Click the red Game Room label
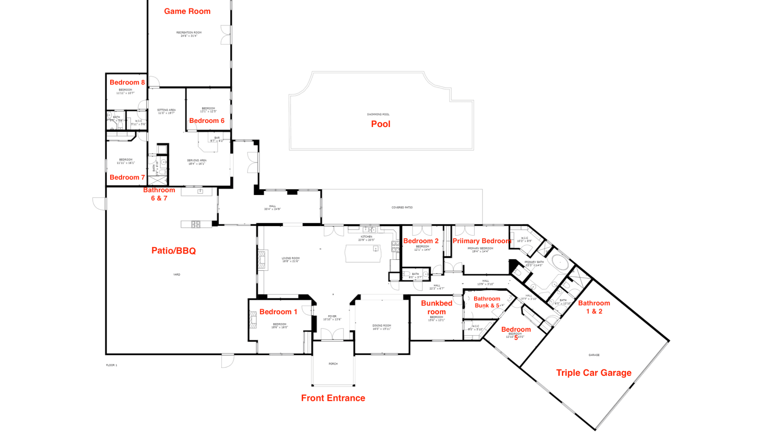point(187,12)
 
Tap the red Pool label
point(380,124)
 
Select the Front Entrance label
point(333,398)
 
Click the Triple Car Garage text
point(594,372)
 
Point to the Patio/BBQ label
point(174,251)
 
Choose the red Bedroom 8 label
point(127,82)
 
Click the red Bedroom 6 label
point(207,121)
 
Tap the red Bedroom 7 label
point(127,177)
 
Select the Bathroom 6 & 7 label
point(159,194)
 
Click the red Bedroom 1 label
point(278,312)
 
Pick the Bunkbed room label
point(436,307)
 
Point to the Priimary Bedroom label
point(482,241)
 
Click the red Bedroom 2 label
point(421,241)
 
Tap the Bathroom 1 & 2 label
point(594,307)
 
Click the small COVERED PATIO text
point(402,207)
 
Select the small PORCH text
point(333,364)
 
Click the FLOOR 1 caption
point(111,365)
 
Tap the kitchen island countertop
point(363,254)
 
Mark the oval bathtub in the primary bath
point(560,263)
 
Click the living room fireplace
point(262,259)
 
